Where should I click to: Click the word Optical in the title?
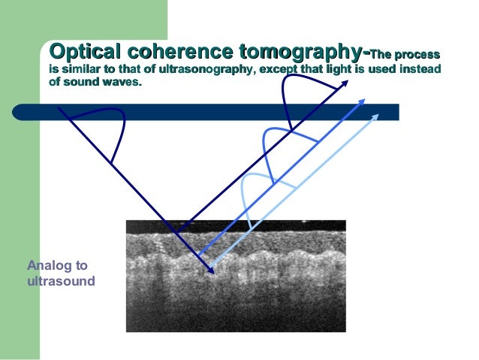pos(83,53)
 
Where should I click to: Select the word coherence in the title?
pos(176,53)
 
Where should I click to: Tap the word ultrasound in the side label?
pos(61,281)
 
